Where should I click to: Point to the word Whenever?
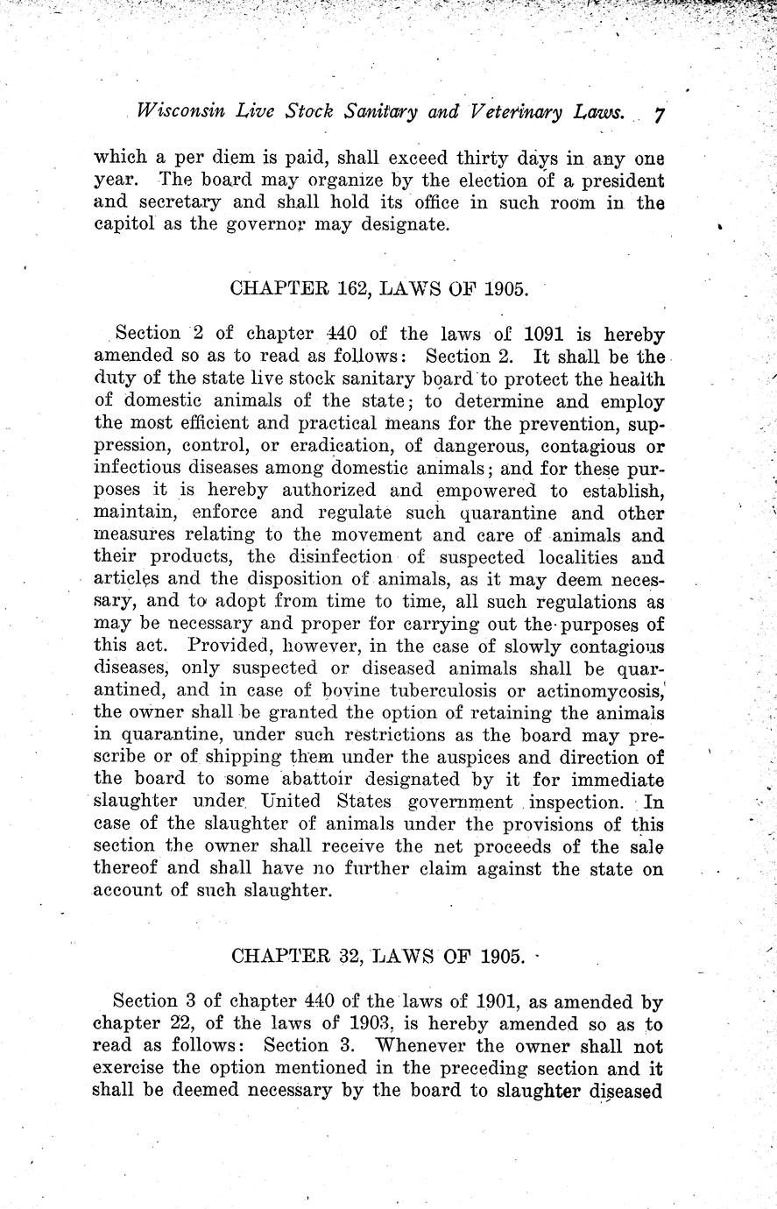click(x=427, y=1046)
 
